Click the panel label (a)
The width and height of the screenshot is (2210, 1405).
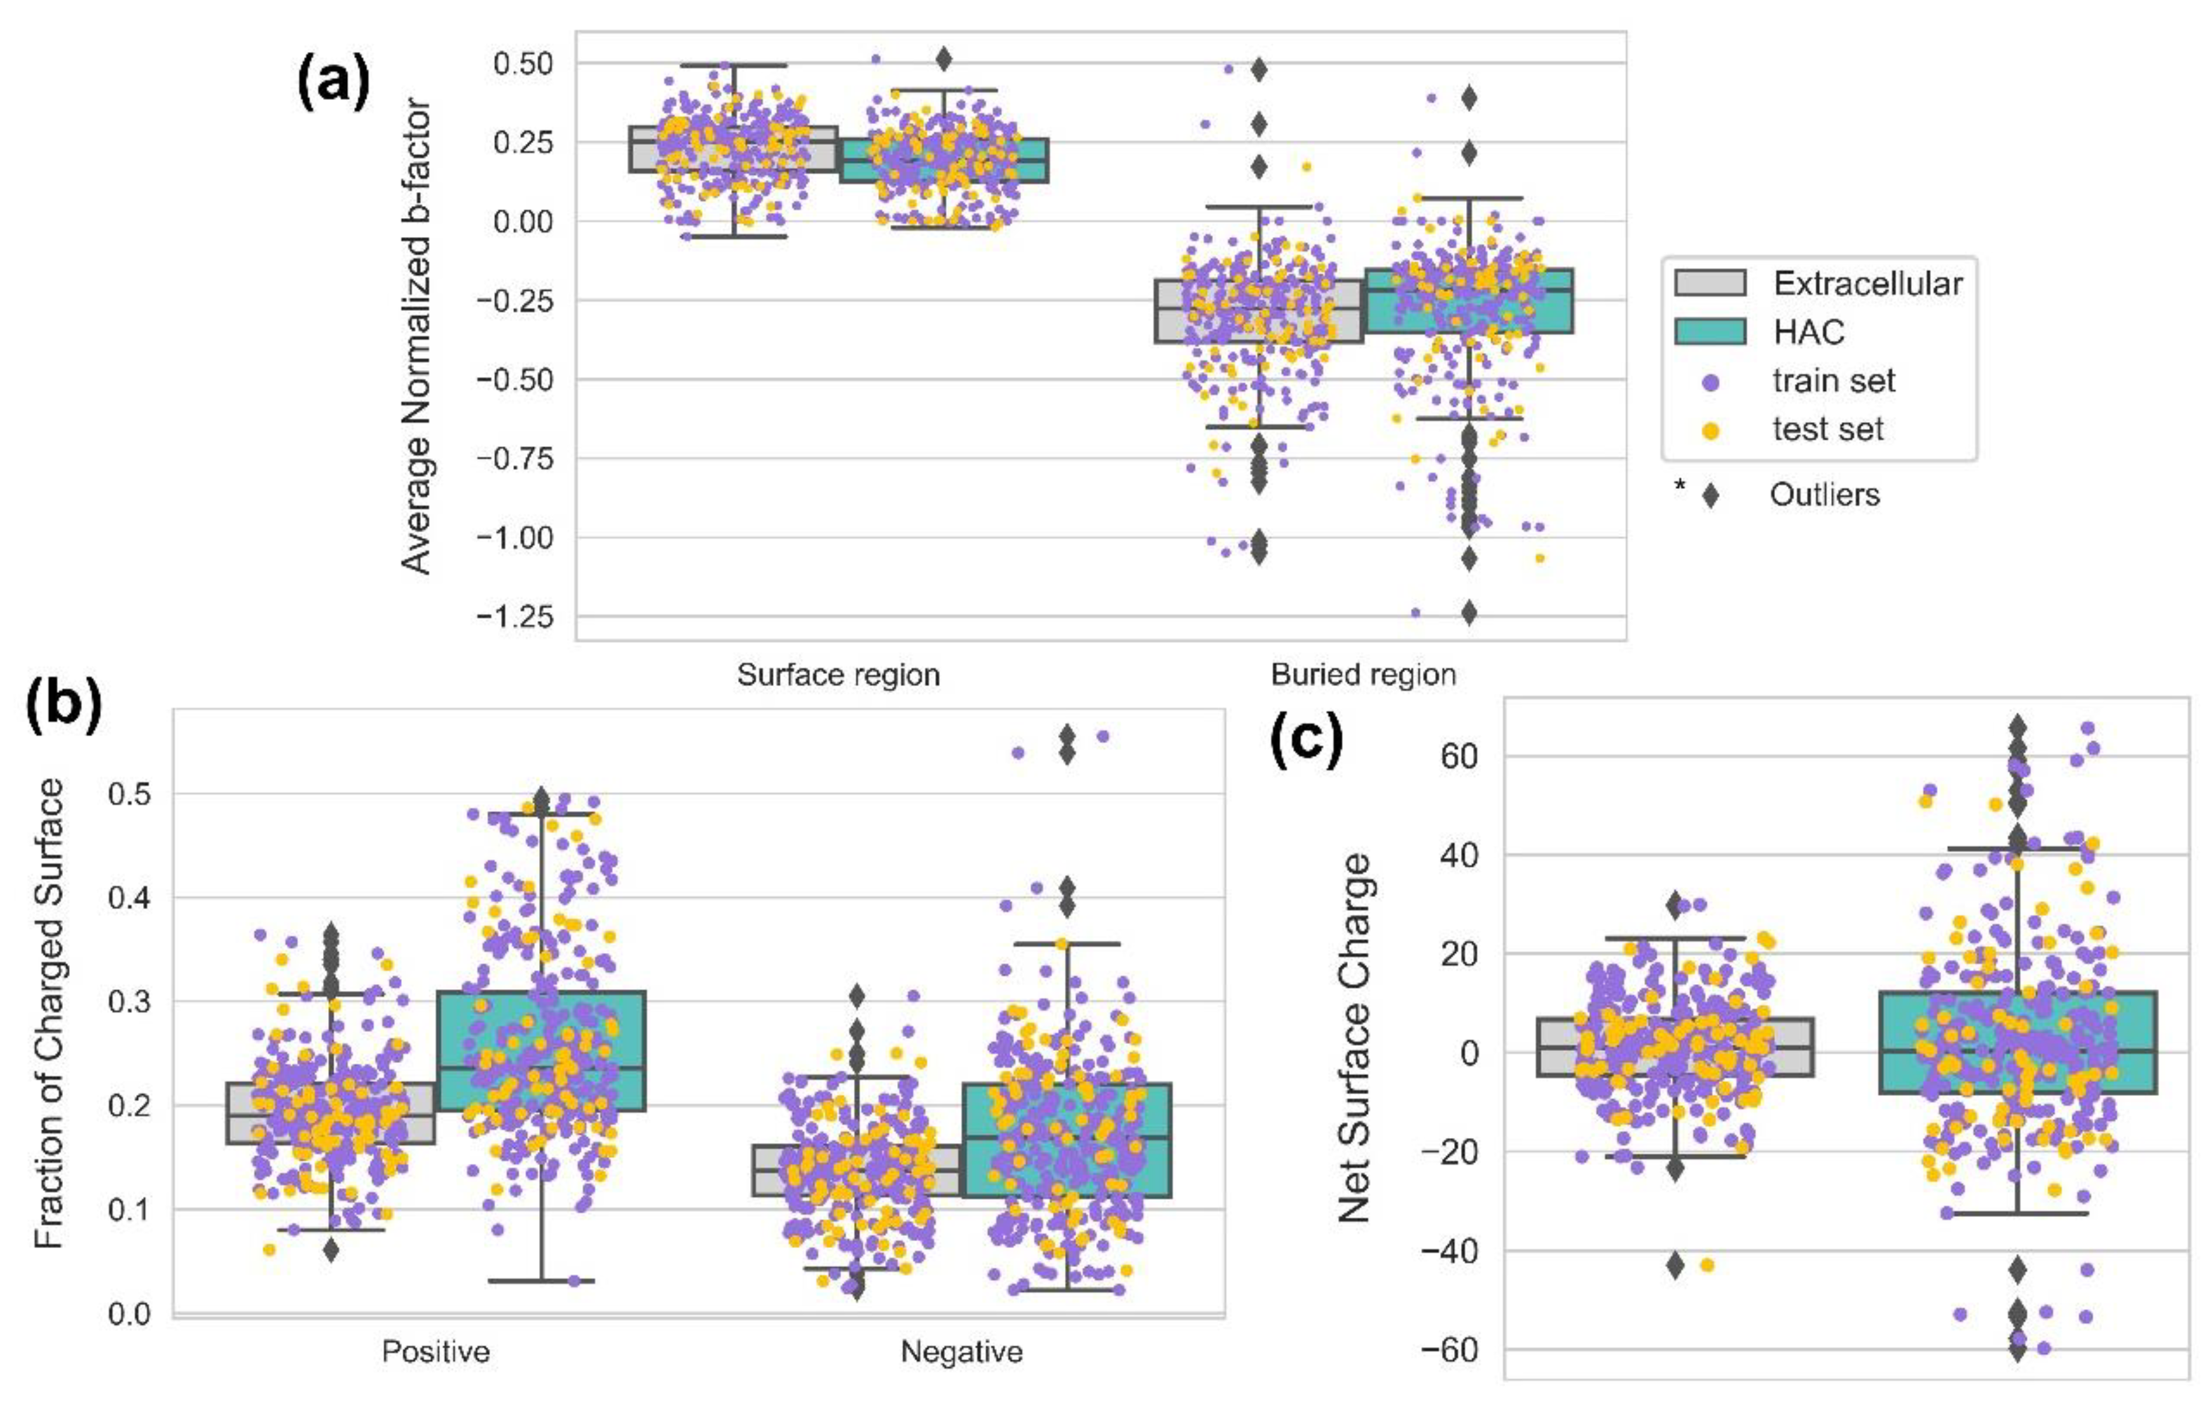point(333,83)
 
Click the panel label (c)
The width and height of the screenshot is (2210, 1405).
point(1306,739)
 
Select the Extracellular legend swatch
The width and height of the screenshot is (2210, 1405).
point(1710,283)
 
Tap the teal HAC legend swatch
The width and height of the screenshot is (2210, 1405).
point(1710,331)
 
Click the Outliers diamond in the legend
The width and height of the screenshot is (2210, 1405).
point(1710,495)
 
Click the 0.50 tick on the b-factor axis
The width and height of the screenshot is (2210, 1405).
point(523,64)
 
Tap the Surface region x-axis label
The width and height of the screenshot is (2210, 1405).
point(838,675)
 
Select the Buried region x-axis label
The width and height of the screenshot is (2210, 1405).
point(1363,675)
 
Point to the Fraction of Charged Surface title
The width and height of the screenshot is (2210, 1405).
point(50,1014)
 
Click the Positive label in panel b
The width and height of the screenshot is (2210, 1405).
point(436,1352)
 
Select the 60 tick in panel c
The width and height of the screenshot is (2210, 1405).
point(1459,757)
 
